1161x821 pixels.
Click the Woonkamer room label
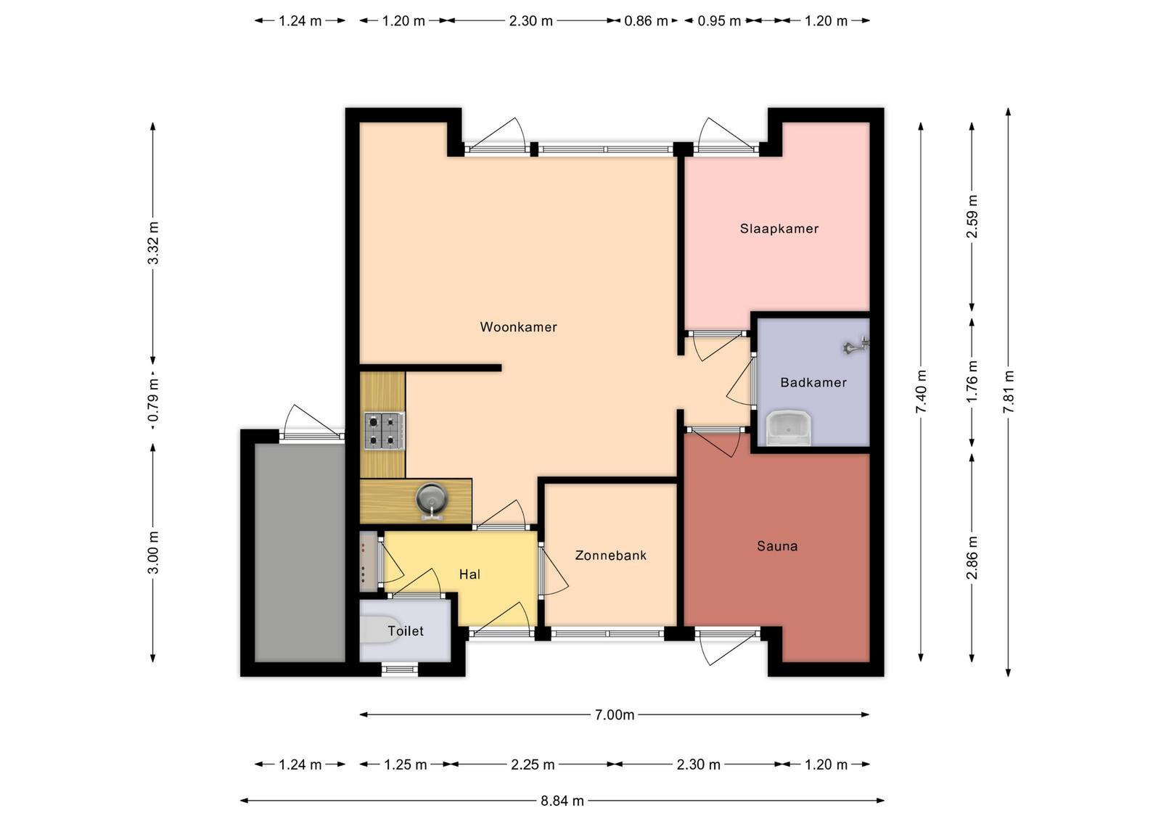point(518,327)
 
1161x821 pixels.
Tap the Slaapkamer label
point(779,229)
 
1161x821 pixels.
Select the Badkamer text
point(813,382)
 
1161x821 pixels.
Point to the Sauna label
point(777,545)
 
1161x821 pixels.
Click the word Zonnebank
point(610,556)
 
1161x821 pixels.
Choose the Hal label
point(469,574)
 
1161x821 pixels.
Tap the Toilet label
point(406,631)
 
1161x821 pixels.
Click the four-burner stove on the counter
point(385,430)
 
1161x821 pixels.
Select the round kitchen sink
point(431,500)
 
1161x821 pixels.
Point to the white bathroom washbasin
point(788,428)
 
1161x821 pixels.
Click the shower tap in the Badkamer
point(856,345)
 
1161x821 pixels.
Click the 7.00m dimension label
point(614,715)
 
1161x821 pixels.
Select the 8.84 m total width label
point(562,800)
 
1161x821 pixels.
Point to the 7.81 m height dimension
point(1008,392)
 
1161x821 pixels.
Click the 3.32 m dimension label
point(153,242)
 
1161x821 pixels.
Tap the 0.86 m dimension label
point(646,21)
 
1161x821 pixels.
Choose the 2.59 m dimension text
point(972,216)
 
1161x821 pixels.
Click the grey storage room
point(300,552)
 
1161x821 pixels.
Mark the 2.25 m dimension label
point(533,764)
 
